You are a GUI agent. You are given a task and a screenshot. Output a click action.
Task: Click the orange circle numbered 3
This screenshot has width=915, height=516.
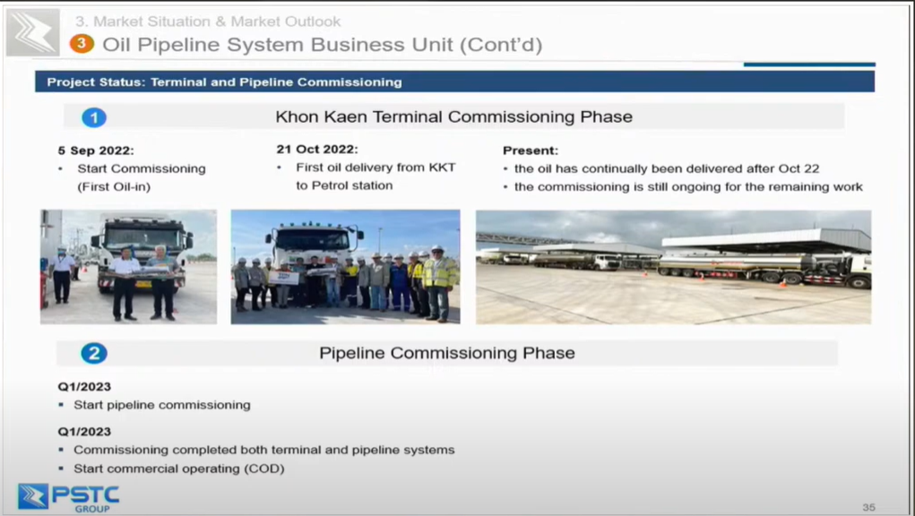point(82,44)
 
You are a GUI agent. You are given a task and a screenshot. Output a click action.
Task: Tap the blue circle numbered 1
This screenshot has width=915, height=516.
point(94,117)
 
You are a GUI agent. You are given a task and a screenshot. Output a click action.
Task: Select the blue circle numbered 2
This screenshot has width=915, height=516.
point(93,353)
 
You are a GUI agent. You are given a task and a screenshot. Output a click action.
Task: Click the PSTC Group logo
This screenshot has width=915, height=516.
point(68,497)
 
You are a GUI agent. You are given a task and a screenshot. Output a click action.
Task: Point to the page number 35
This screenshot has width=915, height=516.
point(869,507)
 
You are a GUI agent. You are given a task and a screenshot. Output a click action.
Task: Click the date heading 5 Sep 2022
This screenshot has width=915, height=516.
point(96,150)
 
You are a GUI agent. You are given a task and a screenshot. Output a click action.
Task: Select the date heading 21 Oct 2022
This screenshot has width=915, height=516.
point(317,150)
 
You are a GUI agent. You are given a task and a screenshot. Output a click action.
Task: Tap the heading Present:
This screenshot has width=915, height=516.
point(531,150)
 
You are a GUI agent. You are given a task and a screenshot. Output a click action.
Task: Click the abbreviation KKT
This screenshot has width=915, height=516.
point(443,168)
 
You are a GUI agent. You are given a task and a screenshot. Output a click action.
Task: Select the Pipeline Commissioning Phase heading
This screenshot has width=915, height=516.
point(447,353)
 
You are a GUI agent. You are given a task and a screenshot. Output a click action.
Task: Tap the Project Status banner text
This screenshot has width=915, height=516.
point(225,82)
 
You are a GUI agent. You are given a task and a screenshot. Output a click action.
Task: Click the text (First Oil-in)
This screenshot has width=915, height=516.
point(114,186)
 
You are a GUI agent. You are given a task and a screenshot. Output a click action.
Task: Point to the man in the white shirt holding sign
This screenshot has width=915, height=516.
point(125,283)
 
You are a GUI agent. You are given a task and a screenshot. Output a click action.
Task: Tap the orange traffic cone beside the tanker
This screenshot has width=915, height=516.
point(783,283)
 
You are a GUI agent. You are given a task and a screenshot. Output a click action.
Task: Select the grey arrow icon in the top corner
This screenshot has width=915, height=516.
point(32,32)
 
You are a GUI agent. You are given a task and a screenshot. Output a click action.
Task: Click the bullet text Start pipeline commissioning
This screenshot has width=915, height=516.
point(162,405)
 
